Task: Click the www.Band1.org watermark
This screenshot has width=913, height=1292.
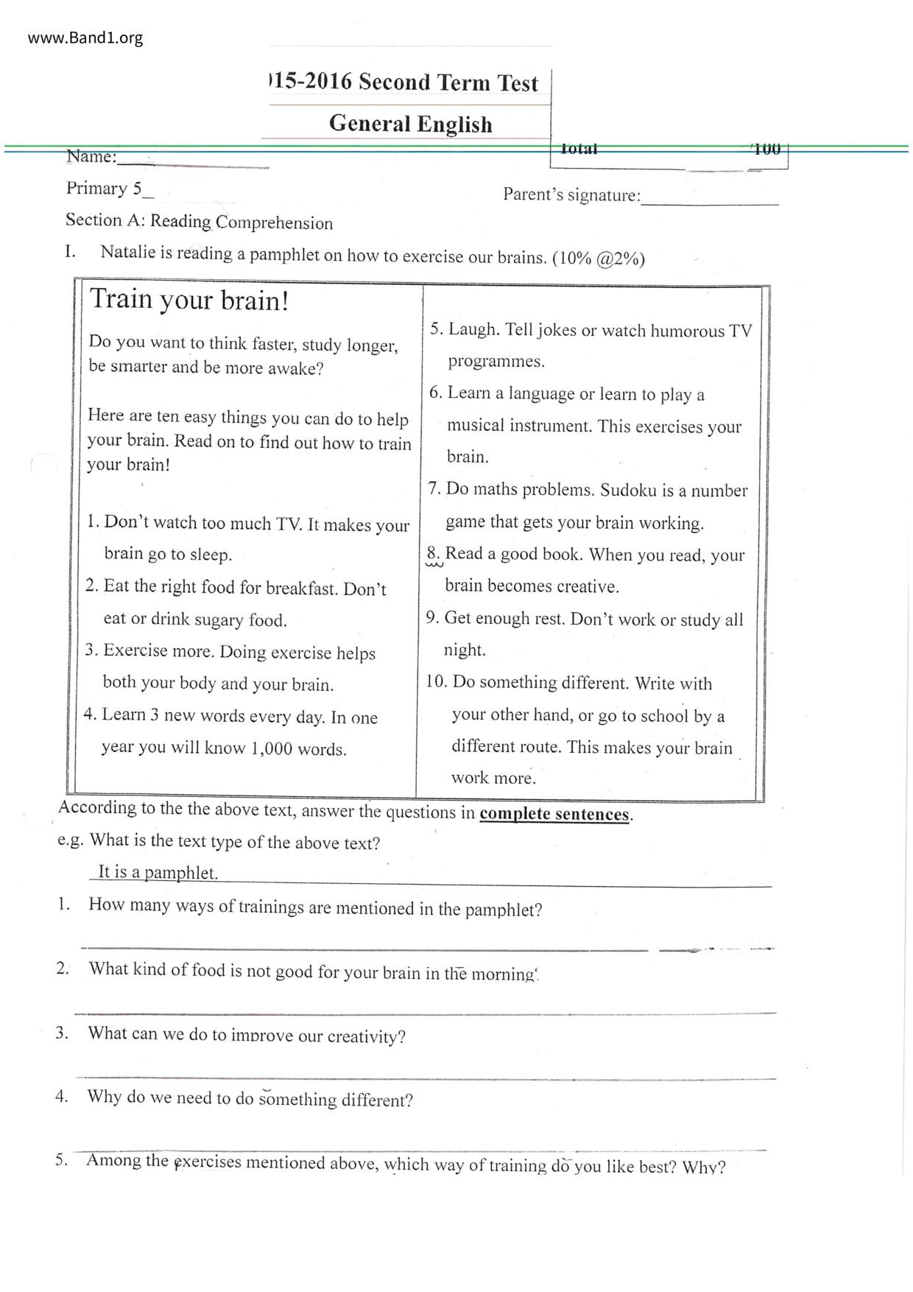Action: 85,38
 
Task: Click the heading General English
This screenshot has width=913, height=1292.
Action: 410,123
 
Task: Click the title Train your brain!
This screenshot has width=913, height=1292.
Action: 189,301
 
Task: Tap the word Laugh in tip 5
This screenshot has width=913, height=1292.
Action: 473,330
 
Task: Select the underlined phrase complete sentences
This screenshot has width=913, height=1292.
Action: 554,814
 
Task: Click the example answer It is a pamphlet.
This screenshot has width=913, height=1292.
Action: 158,873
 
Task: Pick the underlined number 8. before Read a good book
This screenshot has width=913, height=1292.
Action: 434,554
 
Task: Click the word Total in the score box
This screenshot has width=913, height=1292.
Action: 579,149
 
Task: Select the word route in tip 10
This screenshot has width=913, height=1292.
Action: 540,747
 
